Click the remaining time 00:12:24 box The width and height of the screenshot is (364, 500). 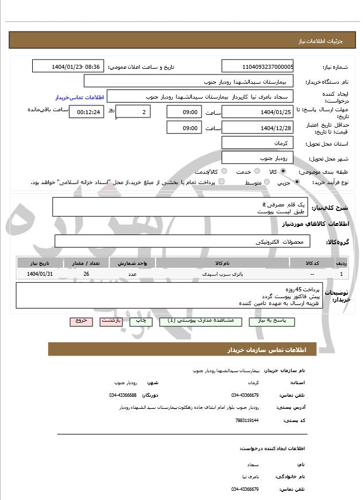pos(86,112)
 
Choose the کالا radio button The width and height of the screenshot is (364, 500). pos(283,171)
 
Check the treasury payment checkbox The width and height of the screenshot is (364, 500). pos(222,182)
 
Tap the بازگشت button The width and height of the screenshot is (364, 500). pos(111,322)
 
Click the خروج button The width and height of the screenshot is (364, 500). pos(81,322)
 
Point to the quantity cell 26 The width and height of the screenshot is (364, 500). pos(86,275)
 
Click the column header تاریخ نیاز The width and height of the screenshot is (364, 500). pos(40,263)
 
